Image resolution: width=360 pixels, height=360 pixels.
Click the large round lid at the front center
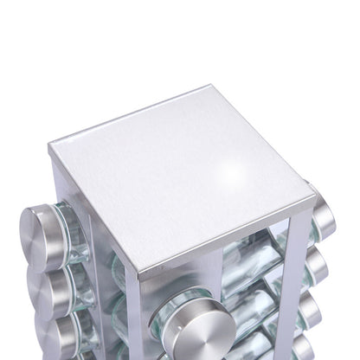pos(196,327)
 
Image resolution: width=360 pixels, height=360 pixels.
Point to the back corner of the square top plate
pos(210,87)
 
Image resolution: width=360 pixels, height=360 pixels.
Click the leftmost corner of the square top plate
pos(49,145)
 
